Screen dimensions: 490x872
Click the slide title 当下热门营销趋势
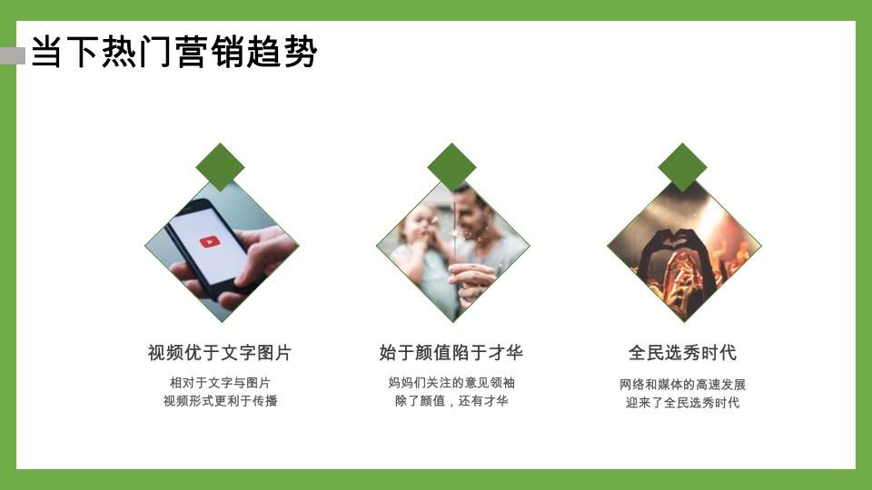click(173, 53)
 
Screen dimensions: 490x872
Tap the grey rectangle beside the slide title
click(12, 56)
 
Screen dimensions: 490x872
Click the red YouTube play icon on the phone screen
click(209, 242)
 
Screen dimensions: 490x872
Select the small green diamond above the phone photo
click(221, 167)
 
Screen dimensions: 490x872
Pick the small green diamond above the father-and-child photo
click(451, 167)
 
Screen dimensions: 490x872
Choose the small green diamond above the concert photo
click(682, 167)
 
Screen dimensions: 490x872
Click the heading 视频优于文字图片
click(220, 353)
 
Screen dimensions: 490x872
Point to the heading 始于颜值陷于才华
click(451, 353)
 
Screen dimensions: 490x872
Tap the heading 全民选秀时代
click(682, 353)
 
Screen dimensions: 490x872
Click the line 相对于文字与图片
click(220, 383)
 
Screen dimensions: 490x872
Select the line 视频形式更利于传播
click(220, 401)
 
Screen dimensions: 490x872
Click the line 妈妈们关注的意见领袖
click(451, 383)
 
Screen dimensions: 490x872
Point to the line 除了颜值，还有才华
click(451, 401)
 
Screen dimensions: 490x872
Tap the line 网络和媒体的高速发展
click(682, 385)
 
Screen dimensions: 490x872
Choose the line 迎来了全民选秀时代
click(682, 403)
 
